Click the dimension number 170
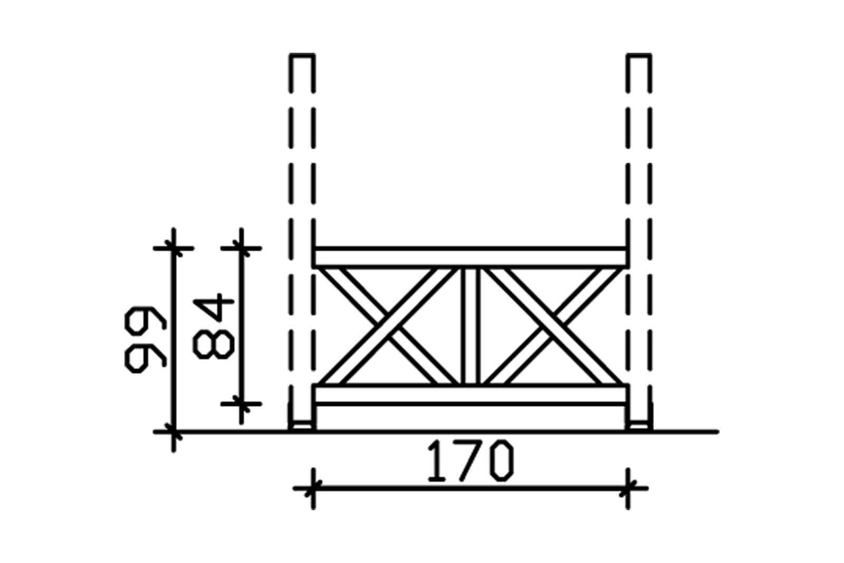[469, 462]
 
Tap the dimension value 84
[214, 327]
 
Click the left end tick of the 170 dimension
[313, 489]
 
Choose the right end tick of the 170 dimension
[628, 489]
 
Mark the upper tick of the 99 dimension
[174, 248]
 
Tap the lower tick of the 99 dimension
[174, 432]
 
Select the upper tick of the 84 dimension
[241, 248]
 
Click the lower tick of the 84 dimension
[241, 404]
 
